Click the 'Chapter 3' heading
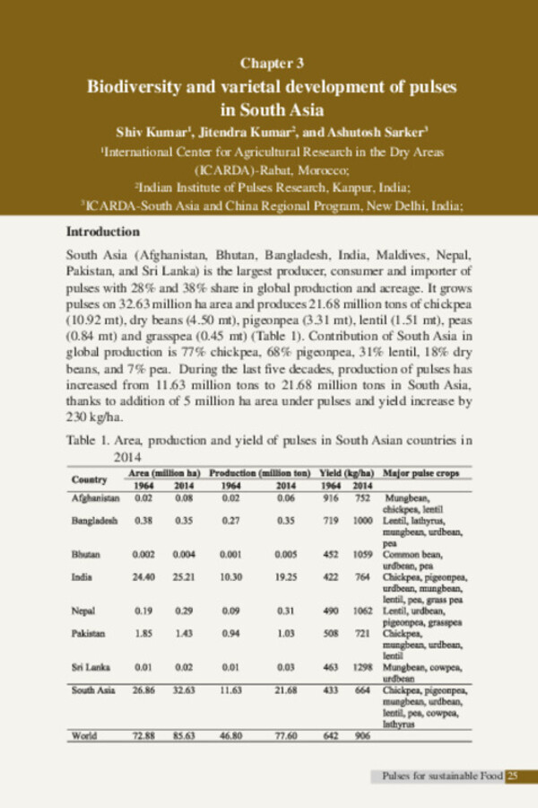point(272,63)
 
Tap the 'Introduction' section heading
point(104,231)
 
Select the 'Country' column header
point(90,479)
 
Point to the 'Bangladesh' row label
point(94,520)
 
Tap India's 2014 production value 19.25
point(286,576)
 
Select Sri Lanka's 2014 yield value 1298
point(361,667)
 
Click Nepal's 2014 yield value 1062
point(361,610)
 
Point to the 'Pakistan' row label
point(89,633)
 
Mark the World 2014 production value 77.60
point(286,735)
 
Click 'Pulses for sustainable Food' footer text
point(441,776)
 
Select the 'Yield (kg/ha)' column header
point(345,472)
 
